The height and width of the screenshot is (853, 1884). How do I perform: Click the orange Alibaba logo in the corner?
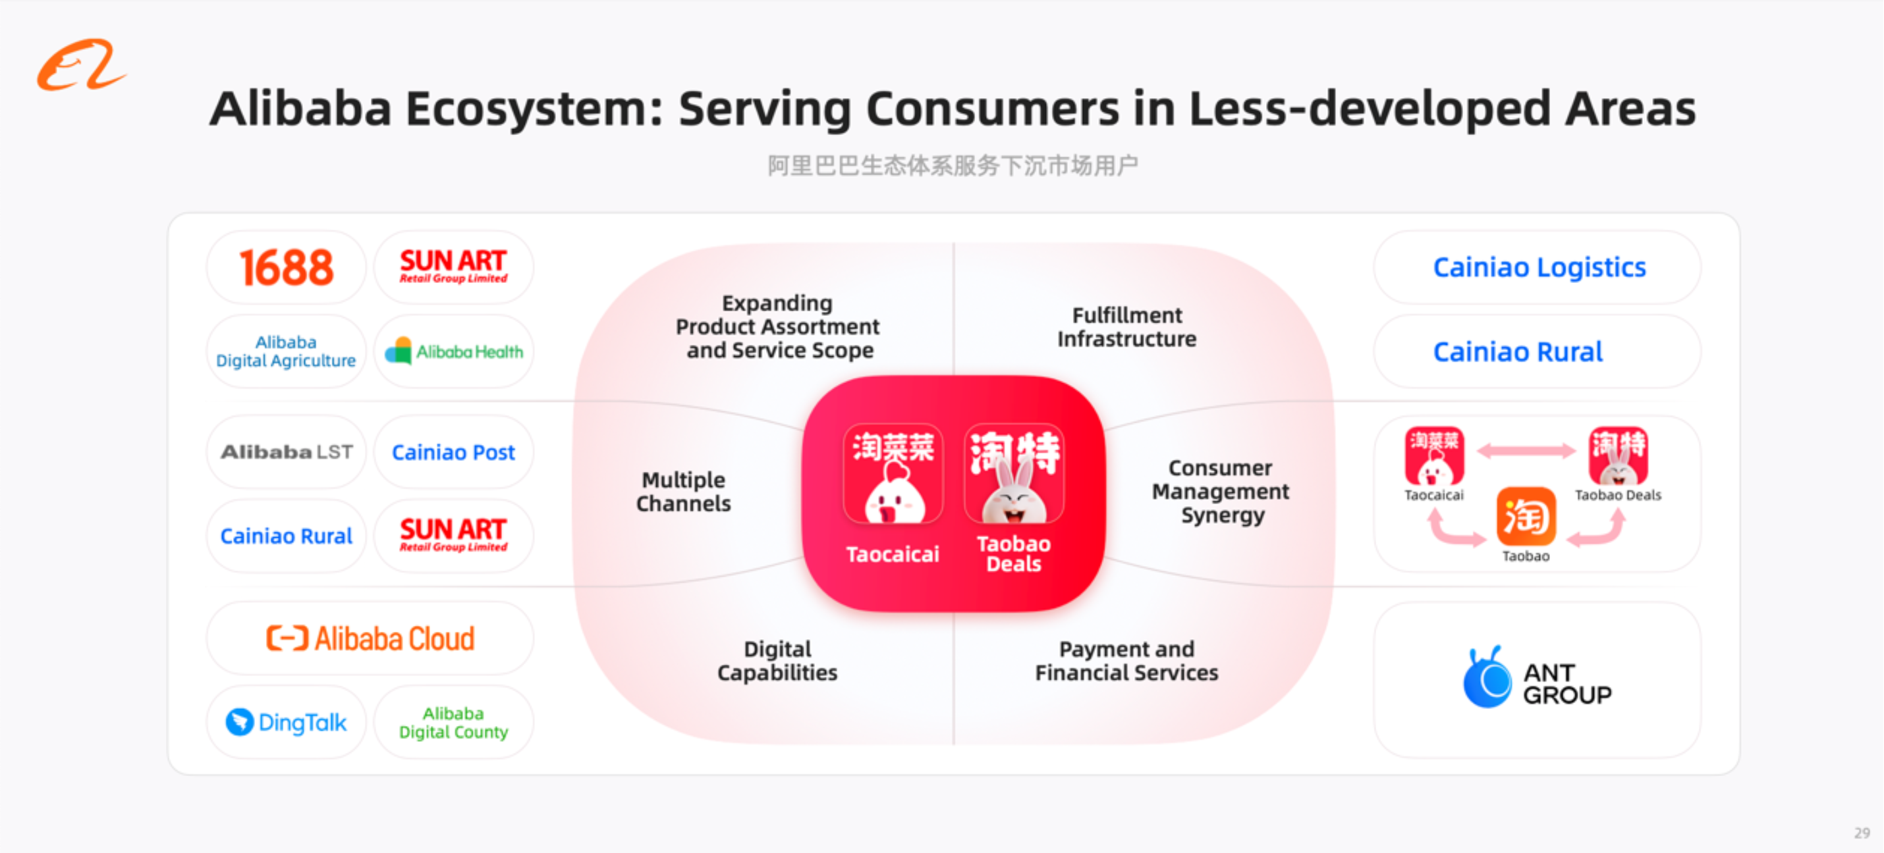pos(81,65)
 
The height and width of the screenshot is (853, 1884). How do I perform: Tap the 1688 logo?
pos(286,267)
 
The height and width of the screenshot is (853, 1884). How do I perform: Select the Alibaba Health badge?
pos(453,351)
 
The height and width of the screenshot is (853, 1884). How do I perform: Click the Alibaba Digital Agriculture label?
pos(286,351)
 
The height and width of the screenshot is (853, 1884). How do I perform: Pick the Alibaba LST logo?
pos(287,452)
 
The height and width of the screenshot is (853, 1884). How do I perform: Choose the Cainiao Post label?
pos(453,452)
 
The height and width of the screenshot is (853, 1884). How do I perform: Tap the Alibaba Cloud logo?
pos(370,638)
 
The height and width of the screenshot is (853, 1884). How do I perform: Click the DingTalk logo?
pos(286,722)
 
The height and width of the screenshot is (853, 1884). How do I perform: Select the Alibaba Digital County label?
pos(453,723)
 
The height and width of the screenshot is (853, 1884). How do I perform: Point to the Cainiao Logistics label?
pos(1539,267)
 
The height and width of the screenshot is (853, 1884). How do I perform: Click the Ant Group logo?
pos(1538,677)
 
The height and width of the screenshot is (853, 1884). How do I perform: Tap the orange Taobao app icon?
pos(1526,516)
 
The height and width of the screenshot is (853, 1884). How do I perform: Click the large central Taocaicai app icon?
pos(893,474)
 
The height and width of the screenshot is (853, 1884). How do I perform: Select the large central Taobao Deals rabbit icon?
pos(1014,474)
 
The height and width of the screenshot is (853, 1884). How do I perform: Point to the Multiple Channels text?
pos(684,492)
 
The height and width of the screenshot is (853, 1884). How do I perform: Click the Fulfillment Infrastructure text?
pos(1127,326)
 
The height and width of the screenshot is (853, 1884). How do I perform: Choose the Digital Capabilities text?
pos(777,661)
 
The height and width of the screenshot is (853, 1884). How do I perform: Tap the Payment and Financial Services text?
pos(1127,661)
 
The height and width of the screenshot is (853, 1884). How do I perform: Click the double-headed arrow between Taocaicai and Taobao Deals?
pos(1526,451)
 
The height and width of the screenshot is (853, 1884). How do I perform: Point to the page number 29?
pos(1862,833)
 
